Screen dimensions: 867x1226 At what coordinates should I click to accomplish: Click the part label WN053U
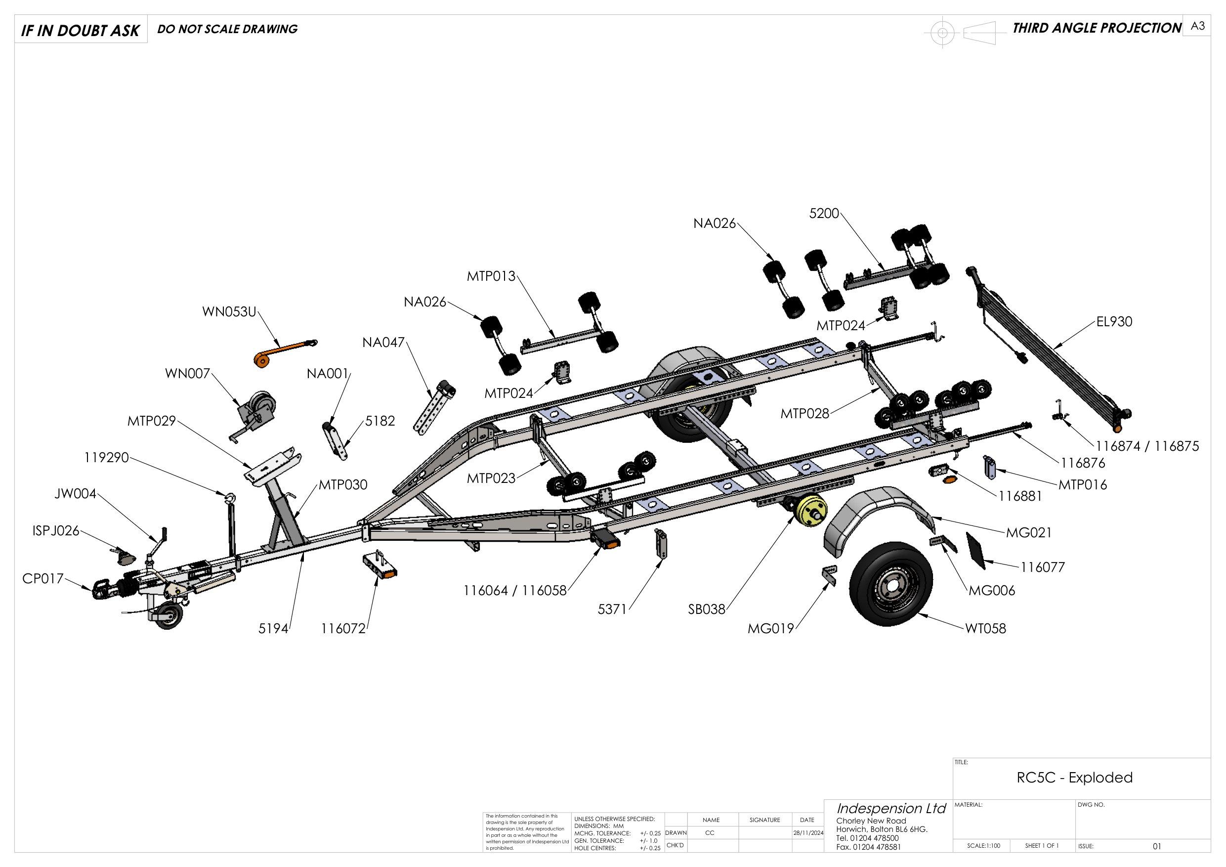pyautogui.click(x=229, y=311)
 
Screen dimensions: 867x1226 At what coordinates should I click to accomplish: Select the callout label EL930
pyautogui.click(x=1114, y=322)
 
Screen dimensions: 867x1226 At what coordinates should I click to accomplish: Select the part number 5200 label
pyautogui.click(x=824, y=214)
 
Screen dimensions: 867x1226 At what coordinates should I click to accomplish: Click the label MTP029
pyautogui.click(x=151, y=421)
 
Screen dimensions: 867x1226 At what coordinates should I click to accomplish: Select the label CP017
pyautogui.click(x=42, y=578)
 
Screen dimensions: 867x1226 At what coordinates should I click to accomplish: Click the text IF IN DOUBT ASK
pyautogui.click(x=80, y=31)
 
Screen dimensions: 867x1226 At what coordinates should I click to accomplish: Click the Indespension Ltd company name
pyautogui.click(x=890, y=808)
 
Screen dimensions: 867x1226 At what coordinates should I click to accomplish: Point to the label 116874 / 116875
pyautogui.click(x=1147, y=446)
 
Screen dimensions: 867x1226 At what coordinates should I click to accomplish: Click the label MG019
pyautogui.click(x=770, y=629)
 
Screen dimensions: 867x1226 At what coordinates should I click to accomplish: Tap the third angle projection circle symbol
pyautogui.click(x=942, y=33)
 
